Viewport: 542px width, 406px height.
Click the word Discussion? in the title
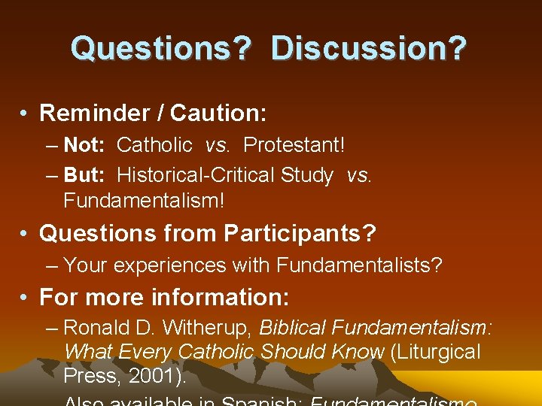click(369, 48)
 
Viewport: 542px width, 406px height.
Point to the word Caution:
click(218, 113)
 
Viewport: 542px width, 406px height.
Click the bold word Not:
click(84, 144)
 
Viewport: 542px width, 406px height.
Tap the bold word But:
click(84, 175)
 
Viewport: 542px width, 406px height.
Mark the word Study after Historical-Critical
click(306, 175)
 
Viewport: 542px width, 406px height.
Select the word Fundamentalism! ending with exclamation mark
click(144, 201)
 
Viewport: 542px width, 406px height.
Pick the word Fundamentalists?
click(359, 265)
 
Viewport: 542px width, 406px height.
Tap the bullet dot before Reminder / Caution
click(26, 114)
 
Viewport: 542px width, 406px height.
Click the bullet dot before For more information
click(26, 298)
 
